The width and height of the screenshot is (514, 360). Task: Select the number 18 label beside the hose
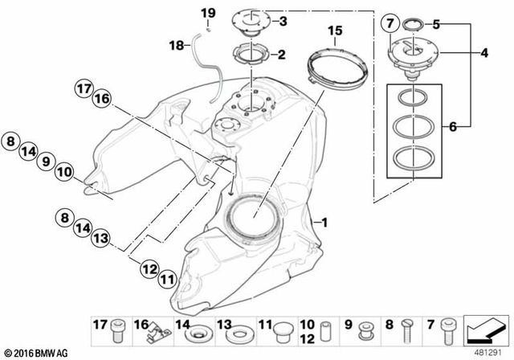tap(176, 47)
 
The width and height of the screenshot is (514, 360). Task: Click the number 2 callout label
tap(281, 55)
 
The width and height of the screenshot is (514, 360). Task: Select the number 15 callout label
tap(335, 32)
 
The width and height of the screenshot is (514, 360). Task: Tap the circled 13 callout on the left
tap(99, 239)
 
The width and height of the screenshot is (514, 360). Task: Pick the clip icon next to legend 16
tap(154, 329)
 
